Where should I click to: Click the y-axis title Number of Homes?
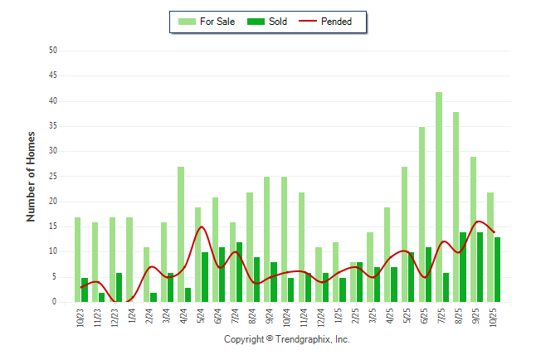(32, 176)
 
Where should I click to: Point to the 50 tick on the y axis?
(52, 51)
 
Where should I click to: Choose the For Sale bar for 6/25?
(422, 215)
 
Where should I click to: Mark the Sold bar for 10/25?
(498, 270)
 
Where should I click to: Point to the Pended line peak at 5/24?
(202, 226)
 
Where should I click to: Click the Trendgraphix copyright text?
(287, 339)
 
